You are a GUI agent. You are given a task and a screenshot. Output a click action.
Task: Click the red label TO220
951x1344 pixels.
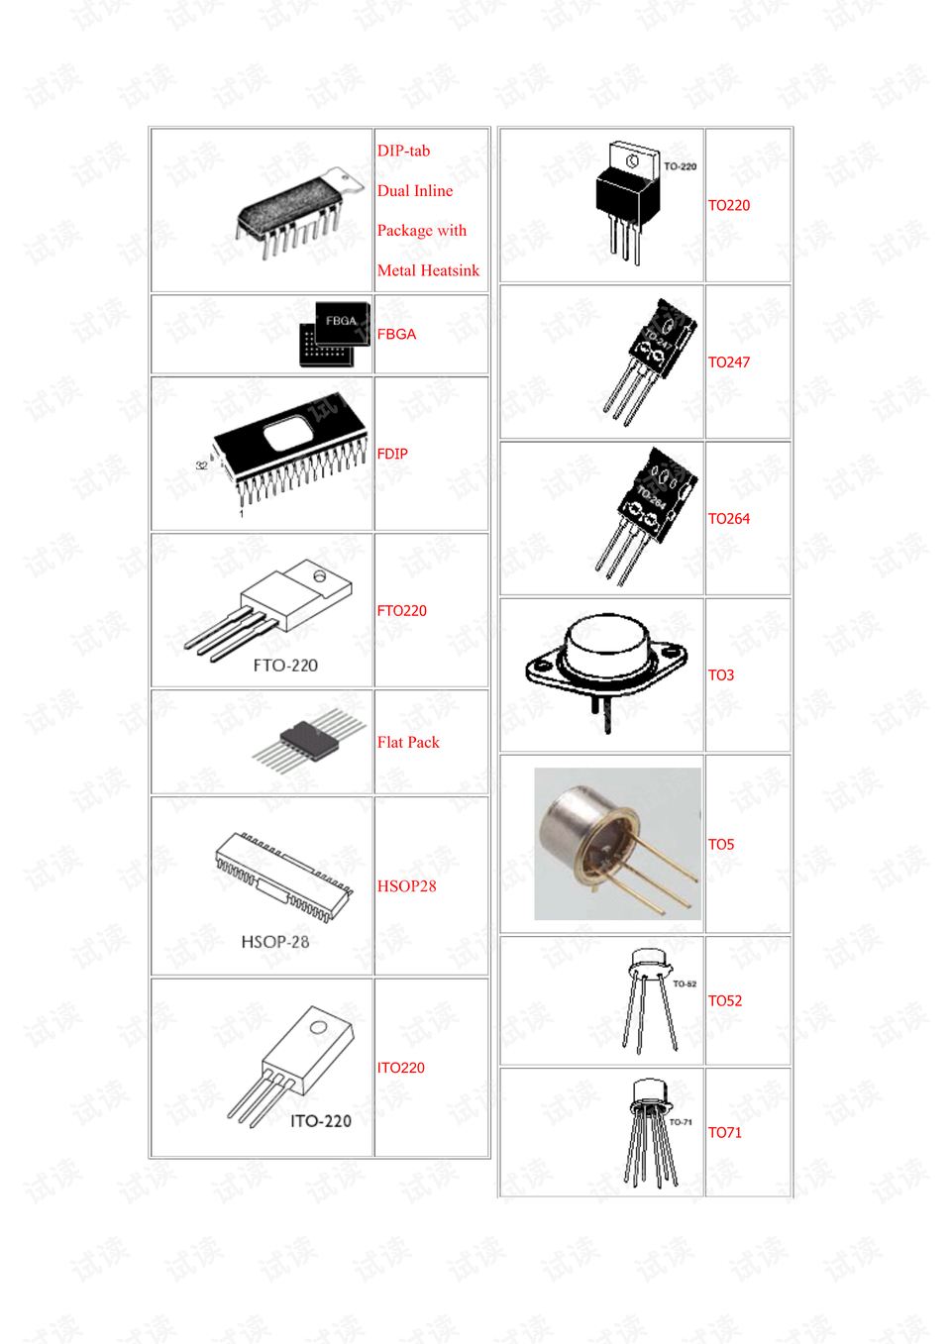[728, 205]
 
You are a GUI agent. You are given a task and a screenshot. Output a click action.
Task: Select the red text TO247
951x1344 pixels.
[728, 362]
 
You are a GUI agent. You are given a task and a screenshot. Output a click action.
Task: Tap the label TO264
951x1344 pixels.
[728, 519]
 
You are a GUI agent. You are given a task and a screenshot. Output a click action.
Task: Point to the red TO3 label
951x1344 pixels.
[720, 675]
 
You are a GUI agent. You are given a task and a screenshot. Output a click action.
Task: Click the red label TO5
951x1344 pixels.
[720, 845]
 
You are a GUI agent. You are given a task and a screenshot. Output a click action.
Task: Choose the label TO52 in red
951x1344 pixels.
[724, 1001]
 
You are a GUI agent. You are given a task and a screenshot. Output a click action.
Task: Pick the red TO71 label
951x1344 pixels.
[724, 1133]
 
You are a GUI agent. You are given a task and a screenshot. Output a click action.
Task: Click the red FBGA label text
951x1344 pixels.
[396, 335]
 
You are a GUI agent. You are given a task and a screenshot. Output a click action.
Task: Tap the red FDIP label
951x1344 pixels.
[392, 454]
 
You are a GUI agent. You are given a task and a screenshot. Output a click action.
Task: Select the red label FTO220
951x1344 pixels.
[401, 611]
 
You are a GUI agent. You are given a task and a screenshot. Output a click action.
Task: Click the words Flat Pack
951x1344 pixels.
[408, 743]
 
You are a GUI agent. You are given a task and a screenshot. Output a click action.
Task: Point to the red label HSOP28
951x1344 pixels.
[406, 886]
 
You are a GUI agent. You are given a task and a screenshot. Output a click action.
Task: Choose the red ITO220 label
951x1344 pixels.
[400, 1068]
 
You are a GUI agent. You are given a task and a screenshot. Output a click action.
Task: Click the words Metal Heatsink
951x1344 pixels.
[428, 270]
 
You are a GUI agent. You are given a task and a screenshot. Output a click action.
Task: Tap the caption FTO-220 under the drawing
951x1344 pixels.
[285, 666]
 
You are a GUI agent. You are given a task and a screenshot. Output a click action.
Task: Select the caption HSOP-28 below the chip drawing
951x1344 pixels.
[275, 942]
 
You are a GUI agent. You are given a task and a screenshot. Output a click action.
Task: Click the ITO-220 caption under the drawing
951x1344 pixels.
[321, 1121]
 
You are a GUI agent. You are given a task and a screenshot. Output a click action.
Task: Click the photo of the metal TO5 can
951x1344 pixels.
[616, 844]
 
